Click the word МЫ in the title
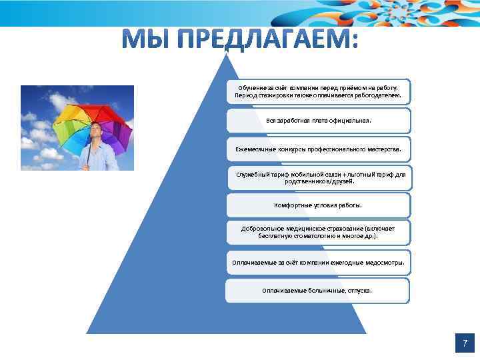click(x=143, y=41)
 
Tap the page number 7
click(x=464, y=343)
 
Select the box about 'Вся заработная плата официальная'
click(x=319, y=121)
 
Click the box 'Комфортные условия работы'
click(x=319, y=205)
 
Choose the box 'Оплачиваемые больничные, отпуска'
click(x=317, y=291)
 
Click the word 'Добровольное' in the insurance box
click(x=263, y=228)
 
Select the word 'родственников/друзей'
click(x=319, y=181)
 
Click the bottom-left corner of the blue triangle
click(x=87, y=332)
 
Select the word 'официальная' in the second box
click(x=349, y=121)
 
